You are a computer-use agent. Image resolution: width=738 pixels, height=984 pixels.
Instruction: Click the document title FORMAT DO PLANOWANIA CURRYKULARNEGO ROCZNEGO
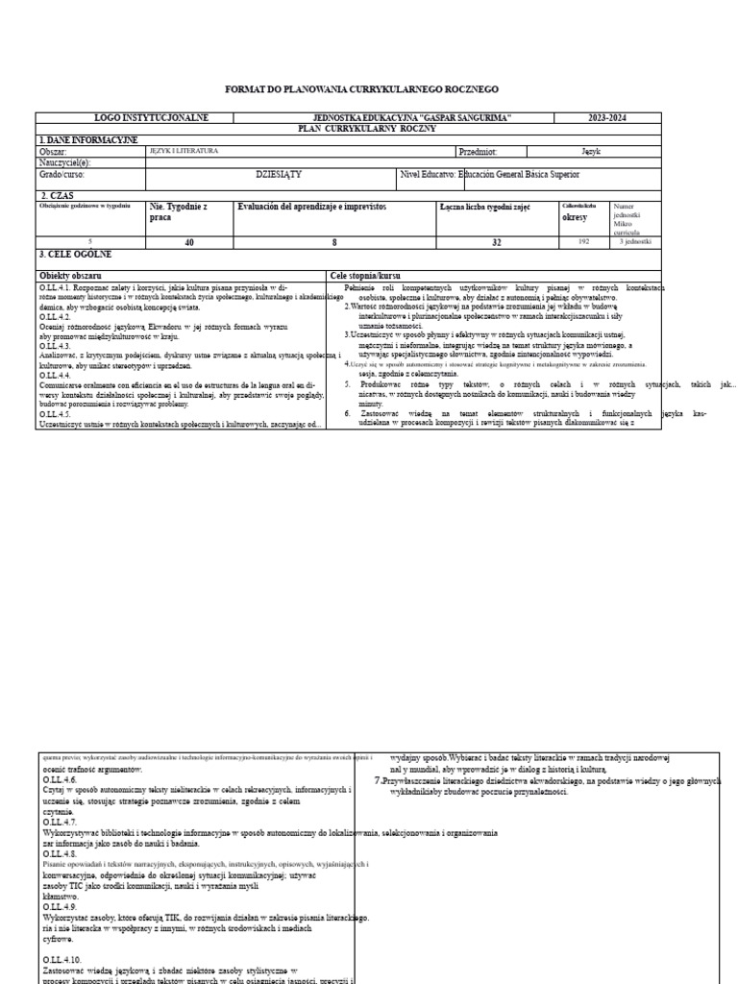coord(361,88)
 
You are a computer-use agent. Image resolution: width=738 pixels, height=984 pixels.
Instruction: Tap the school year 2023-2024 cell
coord(607,117)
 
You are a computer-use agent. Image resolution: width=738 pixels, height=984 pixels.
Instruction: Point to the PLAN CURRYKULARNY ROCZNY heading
coord(354,128)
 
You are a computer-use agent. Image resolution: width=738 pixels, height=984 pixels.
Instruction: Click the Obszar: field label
coord(53,152)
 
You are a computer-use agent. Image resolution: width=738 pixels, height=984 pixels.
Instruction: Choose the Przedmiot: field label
coord(479,152)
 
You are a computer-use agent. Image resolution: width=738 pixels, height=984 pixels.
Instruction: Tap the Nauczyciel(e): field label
coord(64,162)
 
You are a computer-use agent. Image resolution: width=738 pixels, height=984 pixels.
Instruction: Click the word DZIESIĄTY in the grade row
coord(279,175)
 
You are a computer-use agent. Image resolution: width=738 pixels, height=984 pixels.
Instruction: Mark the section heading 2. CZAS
coord(57,195)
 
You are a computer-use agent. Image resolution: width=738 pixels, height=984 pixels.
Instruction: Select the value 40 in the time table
coord(189,242)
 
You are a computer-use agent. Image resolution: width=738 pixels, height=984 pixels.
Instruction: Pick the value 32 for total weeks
coord(496,242)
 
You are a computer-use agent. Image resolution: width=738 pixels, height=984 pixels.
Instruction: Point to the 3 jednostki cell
coord(635,242)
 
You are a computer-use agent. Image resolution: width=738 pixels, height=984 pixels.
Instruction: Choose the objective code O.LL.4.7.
coord(60,823)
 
